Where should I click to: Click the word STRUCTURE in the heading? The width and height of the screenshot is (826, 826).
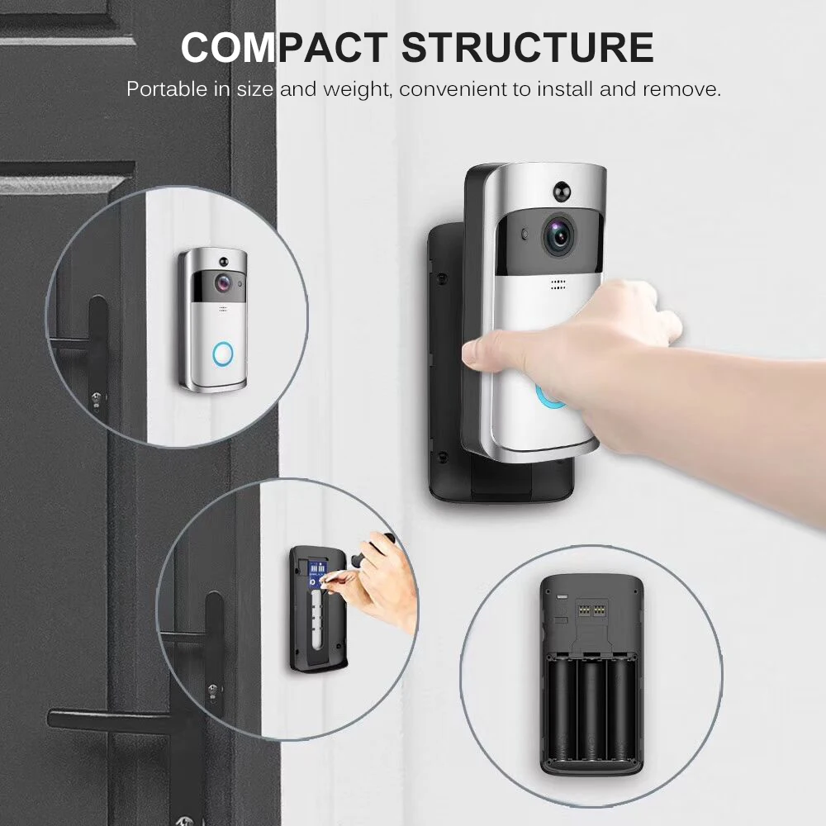528,47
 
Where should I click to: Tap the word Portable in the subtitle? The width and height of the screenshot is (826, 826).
166,89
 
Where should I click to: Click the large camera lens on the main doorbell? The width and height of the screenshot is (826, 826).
558,236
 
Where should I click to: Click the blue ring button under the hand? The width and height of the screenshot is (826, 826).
549,396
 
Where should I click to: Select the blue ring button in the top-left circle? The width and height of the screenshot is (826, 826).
223,354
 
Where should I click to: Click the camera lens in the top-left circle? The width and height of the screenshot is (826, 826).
224,282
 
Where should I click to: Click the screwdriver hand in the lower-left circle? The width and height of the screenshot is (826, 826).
384,578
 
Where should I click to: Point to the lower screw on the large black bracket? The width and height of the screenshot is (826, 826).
444,456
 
